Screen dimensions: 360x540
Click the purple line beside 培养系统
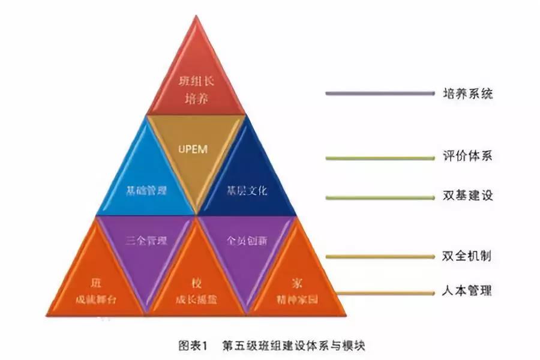click(x=379, y=94)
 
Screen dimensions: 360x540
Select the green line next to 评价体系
click(x=379, y=158)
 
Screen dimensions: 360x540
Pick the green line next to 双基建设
click(x=379, y=197)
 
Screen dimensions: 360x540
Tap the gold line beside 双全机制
click(x=379, y=256)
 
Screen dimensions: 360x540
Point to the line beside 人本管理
click(x=379, y=293)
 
